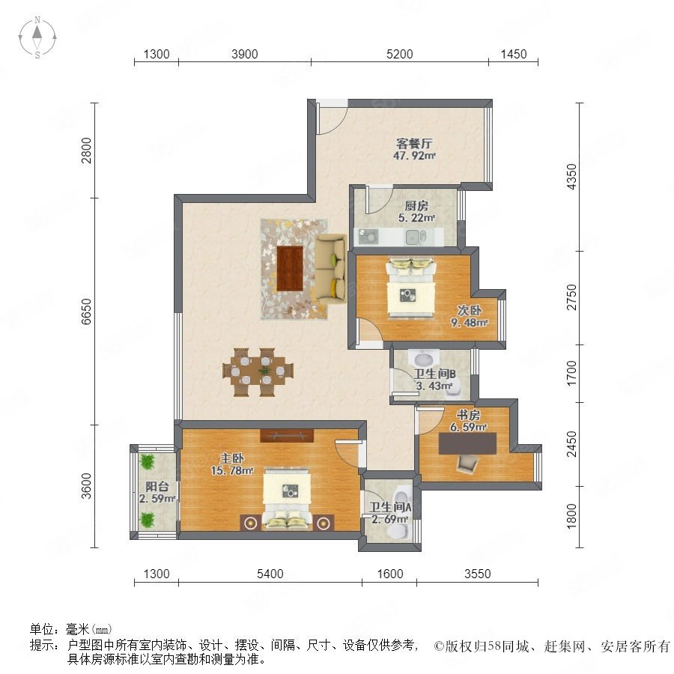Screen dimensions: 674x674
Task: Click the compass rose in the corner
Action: pos(37,37)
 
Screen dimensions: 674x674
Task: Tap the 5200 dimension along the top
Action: pos(399,54)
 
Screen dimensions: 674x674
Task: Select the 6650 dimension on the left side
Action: pos(87,312)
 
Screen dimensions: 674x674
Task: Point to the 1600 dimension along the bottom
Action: pos(390,574)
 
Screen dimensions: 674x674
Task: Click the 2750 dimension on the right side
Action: pos(571,297)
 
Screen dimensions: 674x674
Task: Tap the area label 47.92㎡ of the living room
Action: pos(414,156)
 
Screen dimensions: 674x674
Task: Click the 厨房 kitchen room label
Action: pos(416,206)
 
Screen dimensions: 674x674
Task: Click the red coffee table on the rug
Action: pos(290,267)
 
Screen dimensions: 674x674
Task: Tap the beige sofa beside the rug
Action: pos(330,269)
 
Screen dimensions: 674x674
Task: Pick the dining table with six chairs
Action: pos(258,372)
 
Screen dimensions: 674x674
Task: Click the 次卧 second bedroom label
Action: pos(469,310)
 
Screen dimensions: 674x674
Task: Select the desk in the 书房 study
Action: pos(467,443)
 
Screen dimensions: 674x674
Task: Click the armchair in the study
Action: pos(467,464)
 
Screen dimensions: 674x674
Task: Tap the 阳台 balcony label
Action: pos(157,487)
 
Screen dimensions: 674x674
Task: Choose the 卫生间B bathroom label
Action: pos(434,374)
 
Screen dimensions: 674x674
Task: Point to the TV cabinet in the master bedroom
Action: pos(287,435)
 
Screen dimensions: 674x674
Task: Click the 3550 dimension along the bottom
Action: pos(477,574)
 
